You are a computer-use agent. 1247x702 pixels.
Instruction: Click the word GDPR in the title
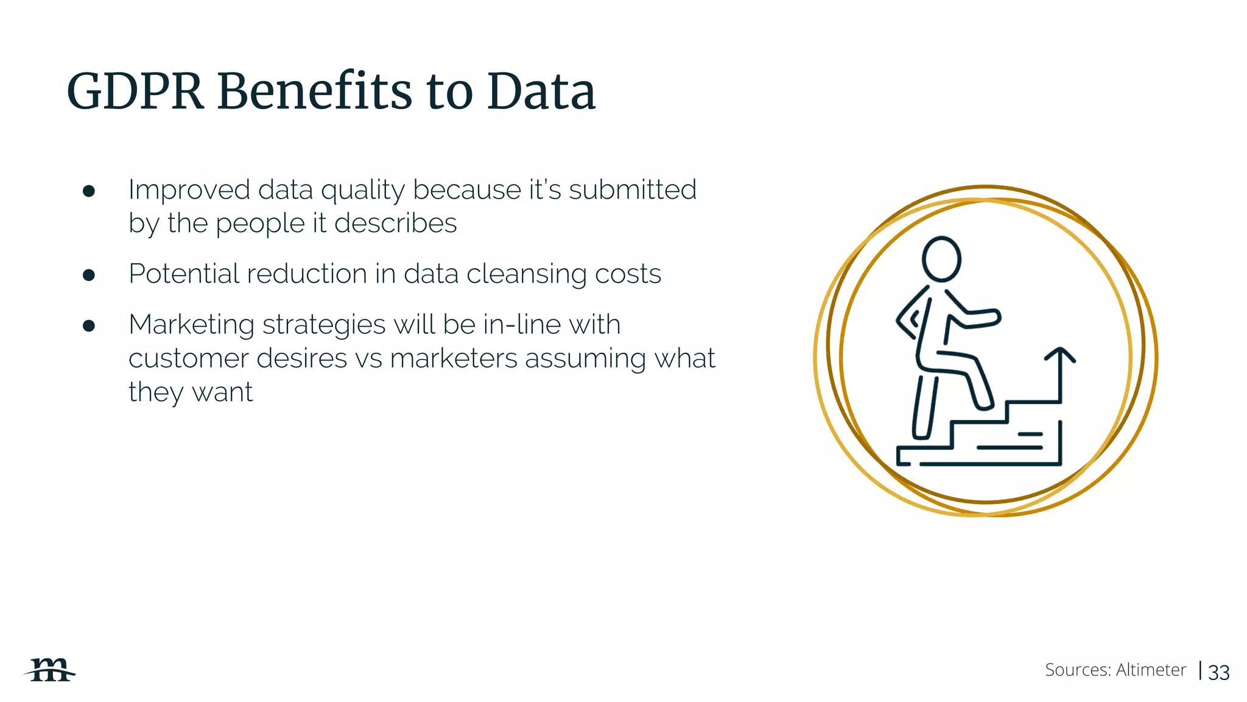[135, 91]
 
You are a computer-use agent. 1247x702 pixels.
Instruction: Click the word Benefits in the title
[315, 91]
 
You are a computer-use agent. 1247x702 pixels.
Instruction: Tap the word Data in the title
[541, 91]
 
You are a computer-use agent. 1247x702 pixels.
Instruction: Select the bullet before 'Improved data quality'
[89, 191]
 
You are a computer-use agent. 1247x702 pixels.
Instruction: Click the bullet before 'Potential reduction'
[89, 275]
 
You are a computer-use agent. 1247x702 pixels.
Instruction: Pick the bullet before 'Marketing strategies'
[89, 326]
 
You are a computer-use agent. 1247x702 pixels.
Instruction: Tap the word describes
[395, 224]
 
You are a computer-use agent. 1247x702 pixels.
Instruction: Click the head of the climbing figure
[941, 260]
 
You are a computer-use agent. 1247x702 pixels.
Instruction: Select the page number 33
[1218, 672]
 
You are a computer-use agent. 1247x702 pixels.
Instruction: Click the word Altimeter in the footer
[1151, 670]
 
